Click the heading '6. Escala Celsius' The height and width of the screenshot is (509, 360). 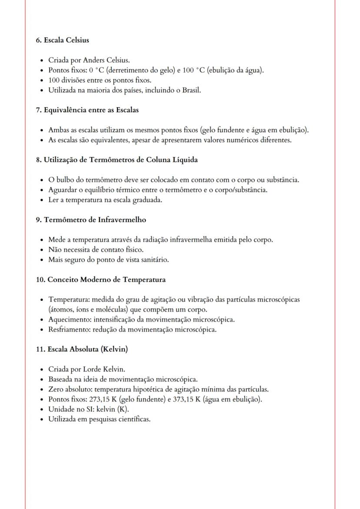(x=62, y=40)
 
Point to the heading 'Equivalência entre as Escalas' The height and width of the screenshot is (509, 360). (x=91, y=110)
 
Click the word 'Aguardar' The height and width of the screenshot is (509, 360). (x=63, y=190)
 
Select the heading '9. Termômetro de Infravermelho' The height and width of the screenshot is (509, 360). (x=91, y=220)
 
